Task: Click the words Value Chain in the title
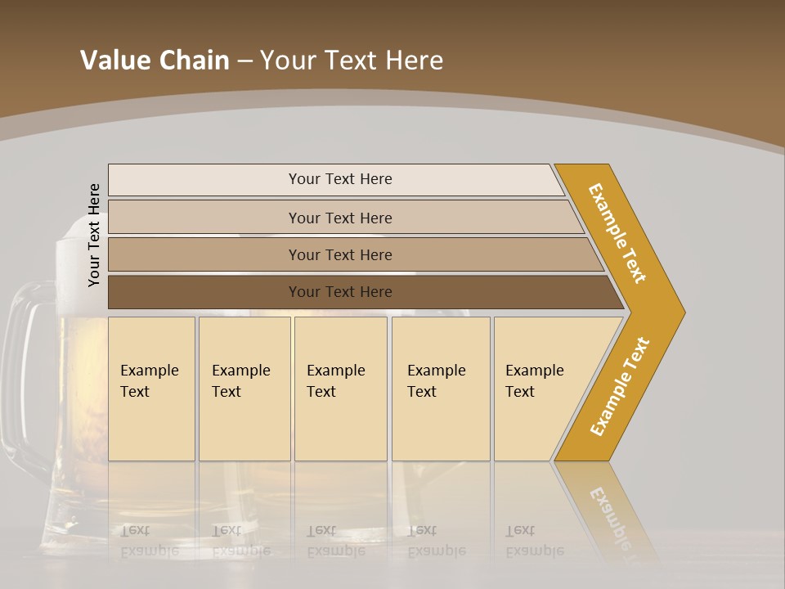[155, 60]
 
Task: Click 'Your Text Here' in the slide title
[352, 60]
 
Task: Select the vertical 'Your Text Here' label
[94, 235]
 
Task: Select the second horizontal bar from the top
[339, 218]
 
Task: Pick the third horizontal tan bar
[339, 254]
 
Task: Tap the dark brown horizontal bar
[339, 292]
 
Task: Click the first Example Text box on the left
[151, 389]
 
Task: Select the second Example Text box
[244, 389]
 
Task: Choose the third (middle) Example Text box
[340, 389]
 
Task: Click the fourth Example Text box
[440, 389]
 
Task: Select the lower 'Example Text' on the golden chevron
[619, 386]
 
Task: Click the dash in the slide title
[244, 61]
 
